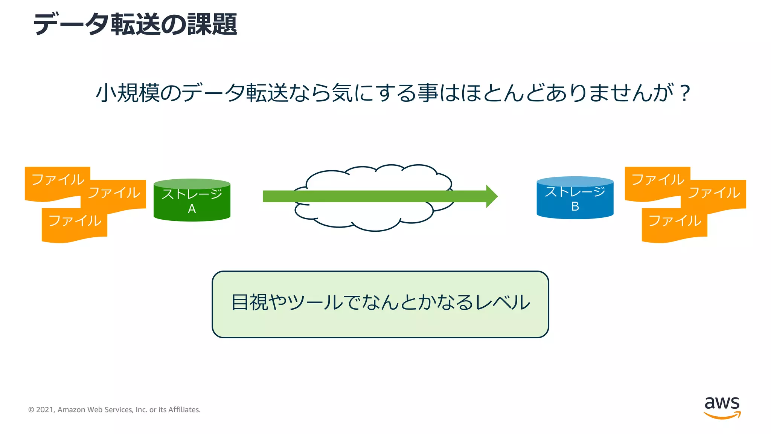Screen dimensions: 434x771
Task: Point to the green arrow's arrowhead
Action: click(x=492, y=196)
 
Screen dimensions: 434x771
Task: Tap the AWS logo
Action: click(x=722, y=407)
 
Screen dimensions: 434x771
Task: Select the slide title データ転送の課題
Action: click(x=136, y=24)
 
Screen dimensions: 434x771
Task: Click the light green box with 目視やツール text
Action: click(x=380, y=304)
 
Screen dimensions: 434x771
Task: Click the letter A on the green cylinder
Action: click(x=192, y=209)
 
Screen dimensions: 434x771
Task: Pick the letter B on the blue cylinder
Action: click(x=575, y=206)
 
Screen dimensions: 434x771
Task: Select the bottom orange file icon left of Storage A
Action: click(x=75, y=224)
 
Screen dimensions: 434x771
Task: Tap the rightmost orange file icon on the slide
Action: click(x=714, y=194)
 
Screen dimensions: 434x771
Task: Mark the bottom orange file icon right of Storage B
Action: click(x=674, y=224)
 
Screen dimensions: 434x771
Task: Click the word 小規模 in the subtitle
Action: click(x=128, y=93)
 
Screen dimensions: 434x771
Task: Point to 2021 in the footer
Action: click(x=45, y=410)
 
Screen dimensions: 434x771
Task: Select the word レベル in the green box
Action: click(x=503, y=303)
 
